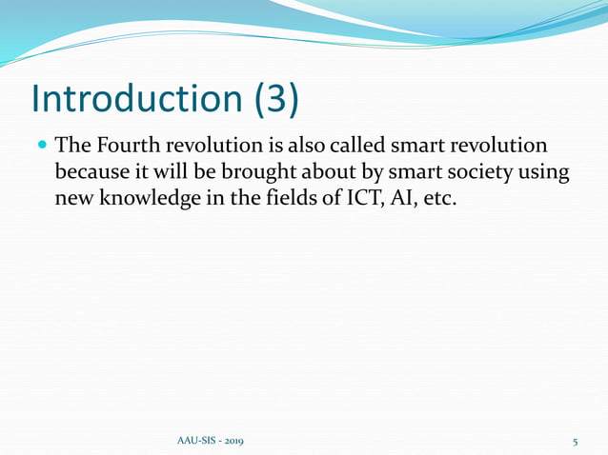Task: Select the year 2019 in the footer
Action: coord(231,442)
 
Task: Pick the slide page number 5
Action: coord(576,442)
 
